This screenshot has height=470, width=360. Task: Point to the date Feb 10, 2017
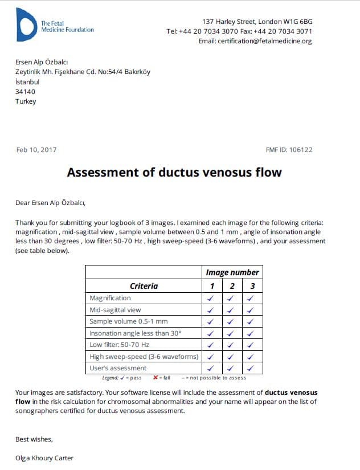(36, 150)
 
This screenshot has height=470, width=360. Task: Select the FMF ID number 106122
(301, 150)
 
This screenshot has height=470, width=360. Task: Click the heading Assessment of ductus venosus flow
(174, 172)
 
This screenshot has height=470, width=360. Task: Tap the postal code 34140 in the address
(26, 92)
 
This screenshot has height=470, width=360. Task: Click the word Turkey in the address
(26, 101)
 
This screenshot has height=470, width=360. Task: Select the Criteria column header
(144, 286)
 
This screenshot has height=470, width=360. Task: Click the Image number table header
(232, 272)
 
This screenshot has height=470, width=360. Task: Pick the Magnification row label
(110, 298)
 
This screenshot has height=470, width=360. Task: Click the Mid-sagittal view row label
(115, 310)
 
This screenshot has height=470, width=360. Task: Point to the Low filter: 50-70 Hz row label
(120, 345)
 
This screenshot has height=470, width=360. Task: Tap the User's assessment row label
(118, 368)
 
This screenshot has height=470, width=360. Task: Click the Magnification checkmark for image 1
(211, 298)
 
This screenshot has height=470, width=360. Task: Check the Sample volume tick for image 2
(231, 321)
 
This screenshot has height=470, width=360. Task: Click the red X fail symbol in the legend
(156, 378)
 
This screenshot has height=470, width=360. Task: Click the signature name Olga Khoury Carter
(44, 458)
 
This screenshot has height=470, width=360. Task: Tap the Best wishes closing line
(34, 439)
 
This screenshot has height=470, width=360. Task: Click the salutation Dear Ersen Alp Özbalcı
(50, 202)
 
